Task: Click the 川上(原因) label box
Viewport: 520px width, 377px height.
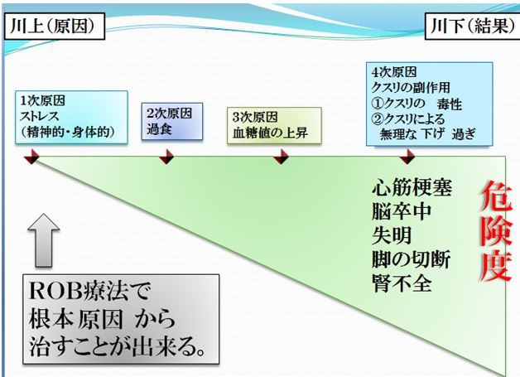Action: point(55,27)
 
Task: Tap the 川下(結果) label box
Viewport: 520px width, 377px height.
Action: point(472,27)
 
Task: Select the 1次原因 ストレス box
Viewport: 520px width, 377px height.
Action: point(71,117)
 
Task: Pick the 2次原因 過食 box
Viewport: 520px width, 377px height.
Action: point(172,121)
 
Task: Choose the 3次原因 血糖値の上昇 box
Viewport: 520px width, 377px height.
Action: point(274,125)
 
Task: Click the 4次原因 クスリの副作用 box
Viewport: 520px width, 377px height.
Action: point(430,104)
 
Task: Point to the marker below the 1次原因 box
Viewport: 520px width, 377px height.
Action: point(31,157)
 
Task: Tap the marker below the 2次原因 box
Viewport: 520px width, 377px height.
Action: point(166,157)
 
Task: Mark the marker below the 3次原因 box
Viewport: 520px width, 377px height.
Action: point(281,157)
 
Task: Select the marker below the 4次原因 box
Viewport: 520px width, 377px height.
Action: point(407,157)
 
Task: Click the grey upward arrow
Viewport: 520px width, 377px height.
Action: point(44,240)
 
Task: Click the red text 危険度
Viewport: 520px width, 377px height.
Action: point(496,232)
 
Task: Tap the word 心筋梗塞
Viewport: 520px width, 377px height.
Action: point(412,188)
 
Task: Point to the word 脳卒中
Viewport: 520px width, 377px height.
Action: point(402,212)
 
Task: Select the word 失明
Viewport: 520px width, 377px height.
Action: point(392,235)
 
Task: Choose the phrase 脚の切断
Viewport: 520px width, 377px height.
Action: point(412,259)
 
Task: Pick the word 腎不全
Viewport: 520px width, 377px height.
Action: point(402,283)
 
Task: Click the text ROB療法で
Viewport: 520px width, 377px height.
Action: point(90,292)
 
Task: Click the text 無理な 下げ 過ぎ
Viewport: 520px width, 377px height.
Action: point(428,134)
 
